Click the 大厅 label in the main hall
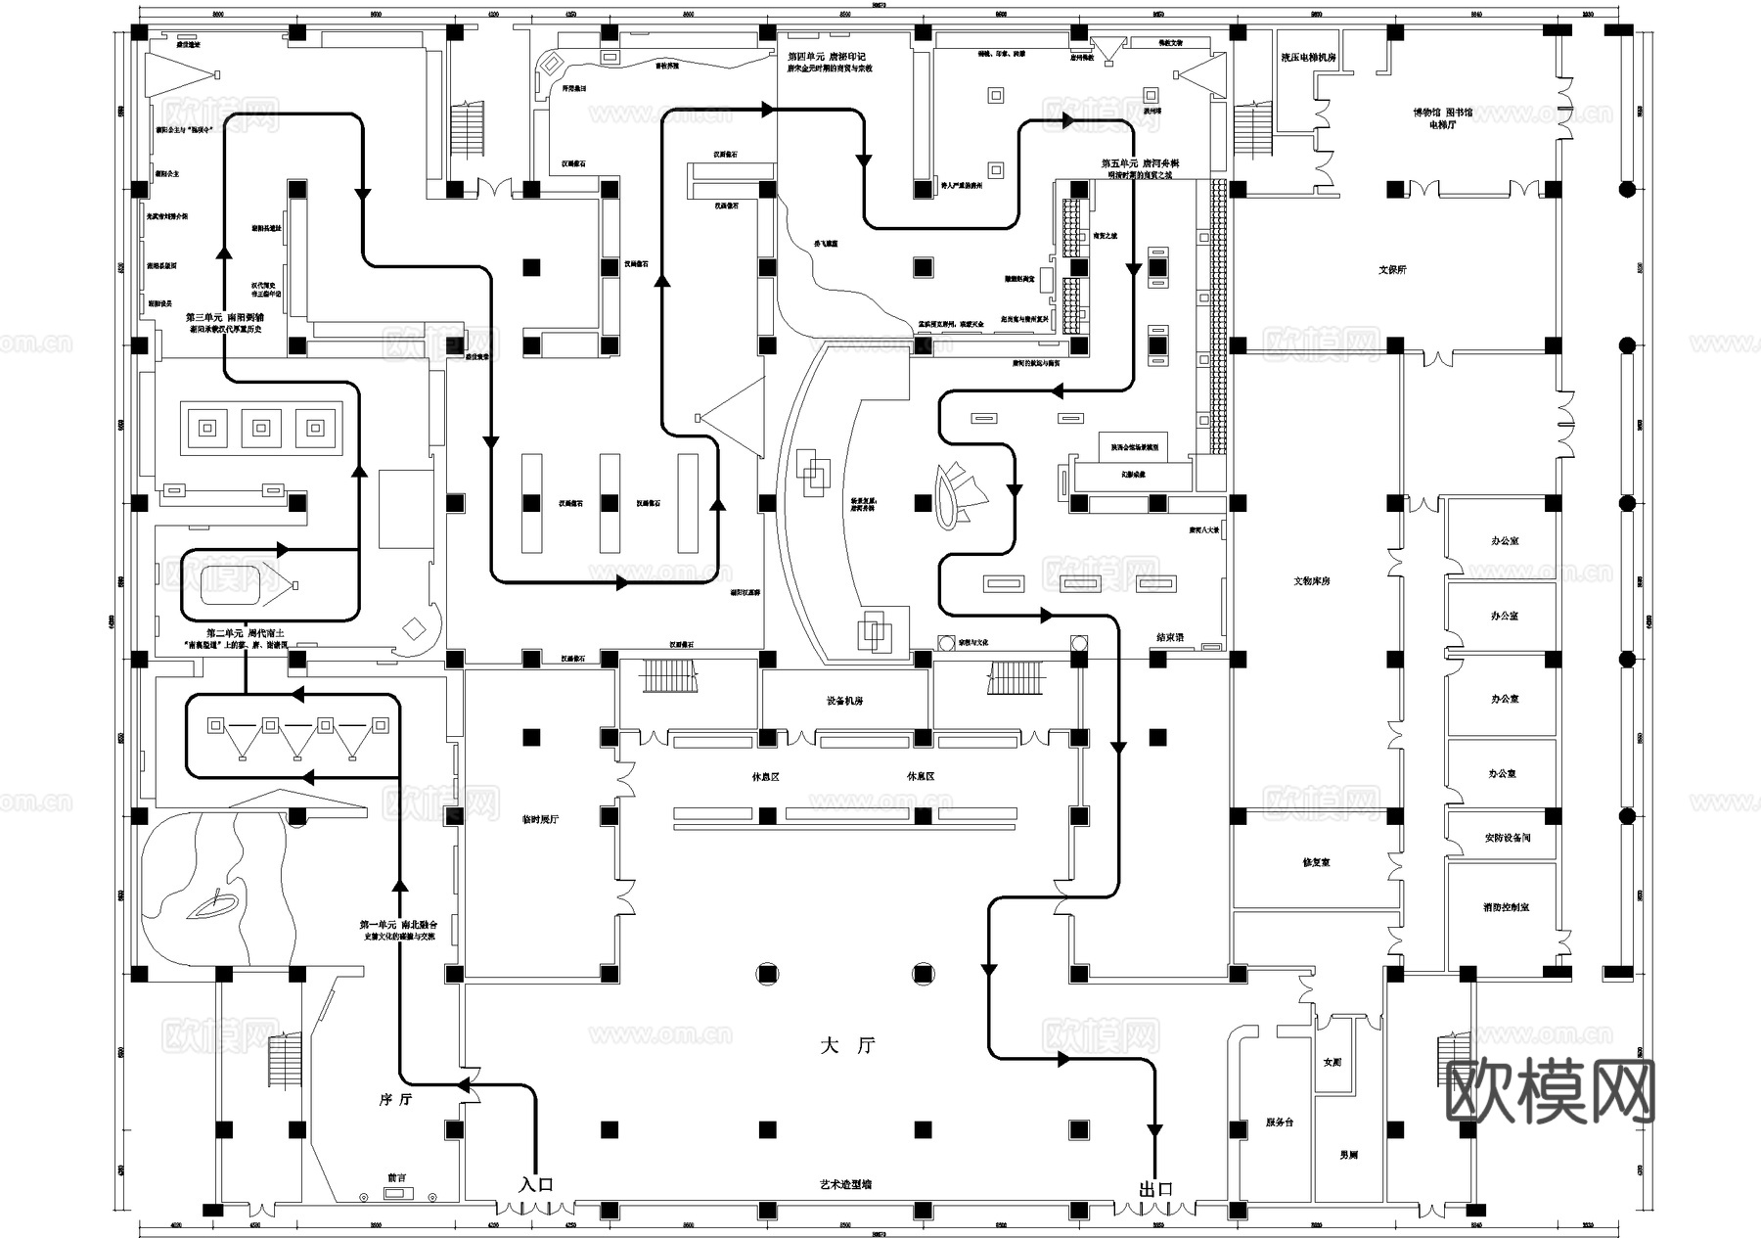click(847, 1046)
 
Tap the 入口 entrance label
click(536, 1184)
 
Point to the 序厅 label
click(395, 1100)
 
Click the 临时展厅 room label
click(540, 819)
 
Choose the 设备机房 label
click(844, 702)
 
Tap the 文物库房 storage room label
click(1311, 581)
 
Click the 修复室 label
click(1316, 863)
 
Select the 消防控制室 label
click(1506, 908)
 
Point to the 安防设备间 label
click(1507, 839)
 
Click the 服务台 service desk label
click(1280, 1123)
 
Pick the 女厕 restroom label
click(1332, 1062)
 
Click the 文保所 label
click(1392, 270)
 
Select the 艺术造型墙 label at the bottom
click(845, 1185)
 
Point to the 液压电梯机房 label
click(1309, 58)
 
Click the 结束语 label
click(1169, 637)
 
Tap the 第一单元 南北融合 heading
click(398, 925)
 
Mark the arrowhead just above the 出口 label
click(1155, 1131)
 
